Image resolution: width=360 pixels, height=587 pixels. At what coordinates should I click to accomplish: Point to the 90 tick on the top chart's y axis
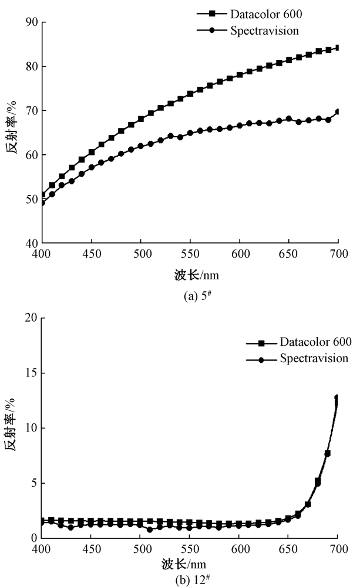point(32,22)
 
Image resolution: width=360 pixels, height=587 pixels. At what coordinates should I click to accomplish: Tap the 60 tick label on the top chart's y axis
point(32,155)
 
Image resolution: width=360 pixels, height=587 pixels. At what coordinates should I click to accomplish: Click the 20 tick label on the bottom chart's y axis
point(32,318)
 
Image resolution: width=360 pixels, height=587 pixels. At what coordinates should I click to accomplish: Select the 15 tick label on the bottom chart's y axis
point(32,373)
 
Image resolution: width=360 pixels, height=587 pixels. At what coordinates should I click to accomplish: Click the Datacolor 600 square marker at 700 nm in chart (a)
point(338,48)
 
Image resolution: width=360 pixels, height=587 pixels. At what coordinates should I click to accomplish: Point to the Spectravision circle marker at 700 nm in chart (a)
point(338,112)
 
